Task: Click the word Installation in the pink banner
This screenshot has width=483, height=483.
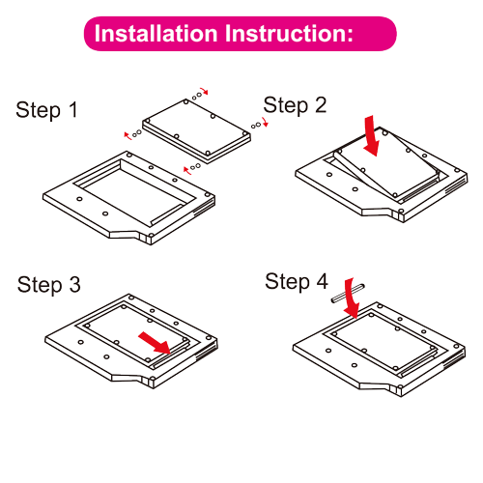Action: click(x=156, y=33)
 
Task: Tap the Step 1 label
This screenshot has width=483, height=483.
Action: click(x=46, y=110)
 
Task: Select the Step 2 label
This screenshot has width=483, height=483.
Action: click(x=295, y=105)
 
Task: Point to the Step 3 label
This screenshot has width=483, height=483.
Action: click(x=49, y=285)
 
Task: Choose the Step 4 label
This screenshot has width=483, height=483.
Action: click(x=297, y=282)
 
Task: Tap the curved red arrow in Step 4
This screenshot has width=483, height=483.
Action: click(x=351, y=299)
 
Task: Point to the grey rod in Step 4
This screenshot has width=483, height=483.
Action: click(x=348, y=293)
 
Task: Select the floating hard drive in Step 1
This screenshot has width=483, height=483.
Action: click(x=196, y=130)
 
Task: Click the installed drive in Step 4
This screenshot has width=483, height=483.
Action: click(x=384, y=341)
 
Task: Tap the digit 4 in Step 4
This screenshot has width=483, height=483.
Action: click(x=322, y=281)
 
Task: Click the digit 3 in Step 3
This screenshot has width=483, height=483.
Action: click(x=75, y=284)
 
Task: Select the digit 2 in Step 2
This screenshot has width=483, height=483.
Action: click(x=321, y=105)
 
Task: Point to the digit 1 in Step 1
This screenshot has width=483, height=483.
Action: click(x=73, y=109)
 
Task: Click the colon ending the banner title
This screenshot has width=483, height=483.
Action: click(x=350, y=36)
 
